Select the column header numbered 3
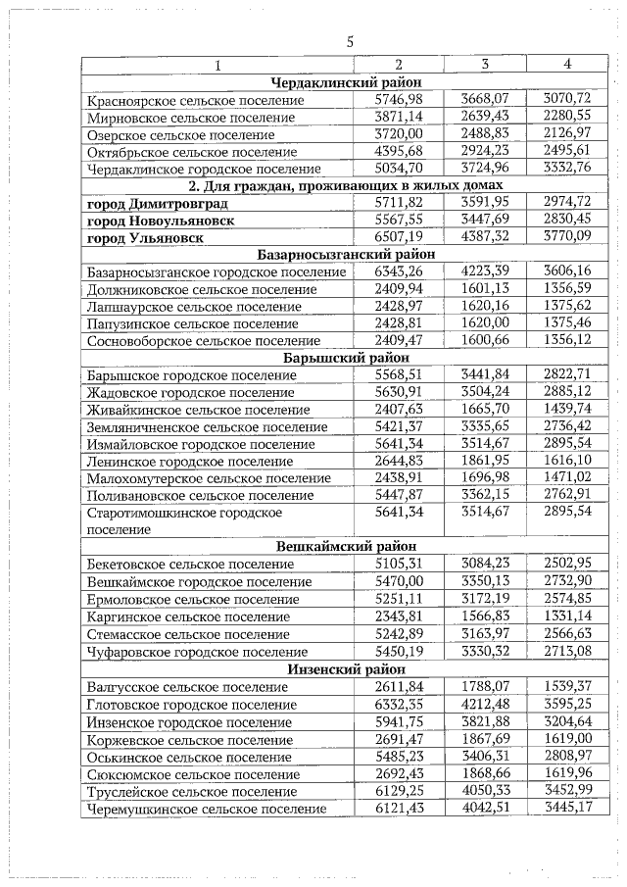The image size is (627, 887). (x=484, y=64)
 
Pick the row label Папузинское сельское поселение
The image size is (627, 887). (x=193, y=323)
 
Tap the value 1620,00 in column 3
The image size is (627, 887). (x=484, y=323)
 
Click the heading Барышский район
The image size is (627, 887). (x=346, y=358)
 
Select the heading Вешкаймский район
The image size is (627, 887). (x=346, y=547)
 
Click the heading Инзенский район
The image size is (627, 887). (x=346, y=668)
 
